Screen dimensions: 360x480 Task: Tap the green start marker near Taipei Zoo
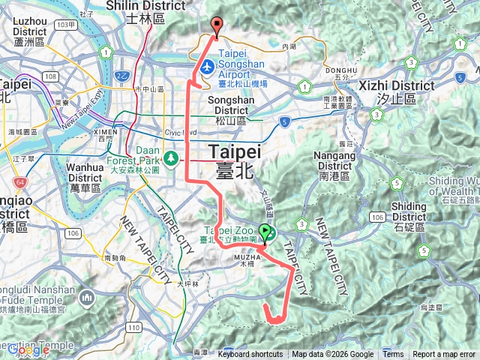pyautogui.click(x=265, y=232)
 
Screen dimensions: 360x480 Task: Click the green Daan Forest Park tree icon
pyautogui.click(x=171, y=157)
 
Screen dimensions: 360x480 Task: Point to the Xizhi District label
pyautogui.click(x=397, y=86)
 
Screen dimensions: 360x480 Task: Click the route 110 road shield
pyautogui.click(x=133, y=328)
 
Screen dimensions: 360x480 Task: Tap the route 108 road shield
pyautogui.click(x=51, y=76)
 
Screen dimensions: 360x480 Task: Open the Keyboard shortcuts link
pyautogui.click(x=250, y=355)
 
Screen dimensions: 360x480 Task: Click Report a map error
pyautogui.click(x=444, y=355)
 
